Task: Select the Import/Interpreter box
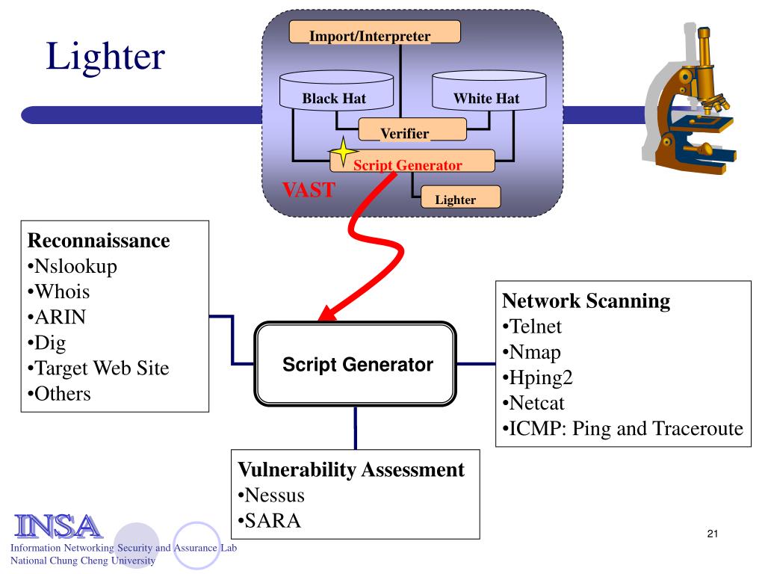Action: (375, 31)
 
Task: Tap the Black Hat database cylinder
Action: (336, 90)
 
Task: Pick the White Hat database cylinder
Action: (489, 90)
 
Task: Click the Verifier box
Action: (412, 129)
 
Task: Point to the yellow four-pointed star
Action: (343, 151)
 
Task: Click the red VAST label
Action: (309, 190)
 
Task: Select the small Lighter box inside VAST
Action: (460, 197)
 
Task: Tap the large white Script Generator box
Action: (355, 364)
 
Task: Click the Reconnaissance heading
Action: (99, 240)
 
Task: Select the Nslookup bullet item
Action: (72, 267)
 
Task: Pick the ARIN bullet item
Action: (57, 317)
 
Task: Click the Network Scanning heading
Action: (586, 301)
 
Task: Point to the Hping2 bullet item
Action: (537, 377)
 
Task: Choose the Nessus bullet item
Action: (271, 496)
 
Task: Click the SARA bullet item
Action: (269, 521)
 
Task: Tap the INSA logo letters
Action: (58, 526)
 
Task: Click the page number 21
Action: (712, 534)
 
